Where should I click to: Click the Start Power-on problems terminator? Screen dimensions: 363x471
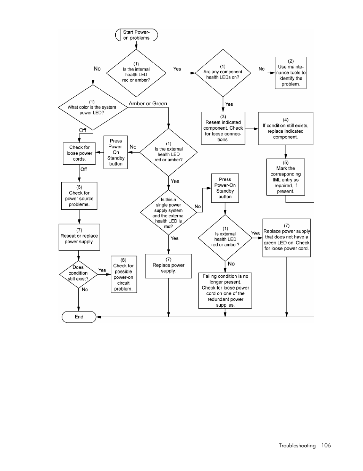(136, 35)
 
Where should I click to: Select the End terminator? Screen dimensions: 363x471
(79, 317)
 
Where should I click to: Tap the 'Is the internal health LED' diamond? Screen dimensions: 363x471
(136, 73)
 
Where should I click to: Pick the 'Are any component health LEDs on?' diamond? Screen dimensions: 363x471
(223, 73)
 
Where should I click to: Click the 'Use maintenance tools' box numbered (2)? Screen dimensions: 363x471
(290, 73)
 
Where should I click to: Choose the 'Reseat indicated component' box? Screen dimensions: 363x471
(223, 128)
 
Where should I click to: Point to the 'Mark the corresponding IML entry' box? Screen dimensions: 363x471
(286, 177)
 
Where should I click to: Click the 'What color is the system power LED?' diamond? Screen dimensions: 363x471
(93, 107)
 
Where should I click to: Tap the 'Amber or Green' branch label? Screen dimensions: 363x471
(148, 104)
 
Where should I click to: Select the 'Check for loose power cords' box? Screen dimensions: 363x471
(79, 153)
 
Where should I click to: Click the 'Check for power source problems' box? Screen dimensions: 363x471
(79, 196)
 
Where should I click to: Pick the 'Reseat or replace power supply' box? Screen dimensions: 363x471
(79, 237)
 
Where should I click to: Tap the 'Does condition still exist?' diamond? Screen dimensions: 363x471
(78, 275)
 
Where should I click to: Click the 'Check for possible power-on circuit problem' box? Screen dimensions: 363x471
(124, 275)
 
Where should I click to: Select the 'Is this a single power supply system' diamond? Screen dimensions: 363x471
(169, 212)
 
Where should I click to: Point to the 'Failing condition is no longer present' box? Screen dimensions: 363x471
(225, 291)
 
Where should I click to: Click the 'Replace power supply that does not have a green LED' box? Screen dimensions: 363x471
(287, 238)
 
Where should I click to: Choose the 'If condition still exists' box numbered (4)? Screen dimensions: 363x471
(286, 128)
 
